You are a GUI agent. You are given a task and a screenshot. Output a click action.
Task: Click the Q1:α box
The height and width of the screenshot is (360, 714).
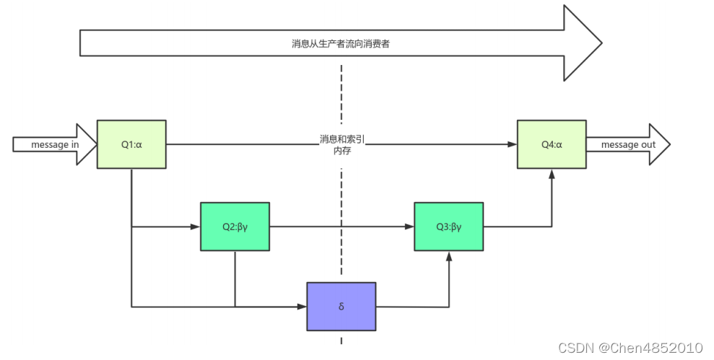[131, 144]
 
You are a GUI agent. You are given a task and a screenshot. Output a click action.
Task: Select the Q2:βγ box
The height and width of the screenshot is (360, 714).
[235, 227]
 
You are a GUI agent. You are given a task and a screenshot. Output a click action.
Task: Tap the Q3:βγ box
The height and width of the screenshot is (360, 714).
[448, 227]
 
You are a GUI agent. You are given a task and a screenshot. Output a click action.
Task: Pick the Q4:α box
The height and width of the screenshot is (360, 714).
[552, 144]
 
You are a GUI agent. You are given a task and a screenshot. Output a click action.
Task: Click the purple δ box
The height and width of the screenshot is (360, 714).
[341, 307]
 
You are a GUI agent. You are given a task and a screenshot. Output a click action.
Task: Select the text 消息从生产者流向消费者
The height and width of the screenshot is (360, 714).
[341, 43]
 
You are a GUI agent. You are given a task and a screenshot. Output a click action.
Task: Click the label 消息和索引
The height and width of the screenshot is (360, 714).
[341, 139]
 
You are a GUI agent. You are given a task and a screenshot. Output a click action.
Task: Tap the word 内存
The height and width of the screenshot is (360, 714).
[341, 150]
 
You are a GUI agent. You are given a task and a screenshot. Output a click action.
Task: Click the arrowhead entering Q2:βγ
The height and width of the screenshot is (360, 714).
[196, 227]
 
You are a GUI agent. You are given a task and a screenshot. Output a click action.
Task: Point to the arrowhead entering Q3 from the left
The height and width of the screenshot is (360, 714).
[409, 227]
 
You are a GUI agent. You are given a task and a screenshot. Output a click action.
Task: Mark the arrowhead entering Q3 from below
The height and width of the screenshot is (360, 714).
[449, 255]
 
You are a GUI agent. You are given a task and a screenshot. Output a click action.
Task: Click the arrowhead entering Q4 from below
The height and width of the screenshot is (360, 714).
[552, 173]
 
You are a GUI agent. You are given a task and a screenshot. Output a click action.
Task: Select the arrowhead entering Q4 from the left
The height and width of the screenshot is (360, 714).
[513, 144]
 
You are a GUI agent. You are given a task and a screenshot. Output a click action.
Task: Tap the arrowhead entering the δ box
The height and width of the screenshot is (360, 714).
[302, 307]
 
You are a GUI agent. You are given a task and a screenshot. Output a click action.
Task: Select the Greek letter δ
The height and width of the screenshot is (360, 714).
[341, 307]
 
